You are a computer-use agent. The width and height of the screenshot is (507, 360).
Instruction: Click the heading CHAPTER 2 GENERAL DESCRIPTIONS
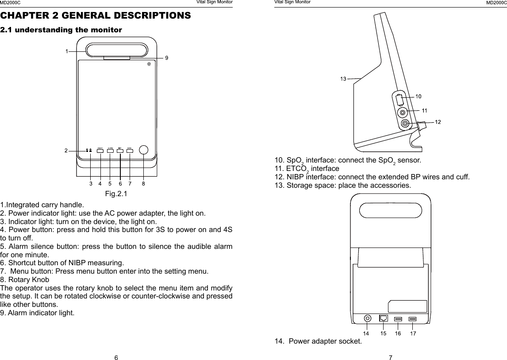[x=96, y=16]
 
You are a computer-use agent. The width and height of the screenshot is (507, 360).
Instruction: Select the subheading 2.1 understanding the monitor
[x=61, y=30]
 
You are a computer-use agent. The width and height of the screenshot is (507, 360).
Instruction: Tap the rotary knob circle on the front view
[x=143, y=150]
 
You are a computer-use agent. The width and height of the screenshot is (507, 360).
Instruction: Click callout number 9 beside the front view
[x=167, y=58]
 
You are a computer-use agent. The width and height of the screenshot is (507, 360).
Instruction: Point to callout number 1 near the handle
[x=67, y=51]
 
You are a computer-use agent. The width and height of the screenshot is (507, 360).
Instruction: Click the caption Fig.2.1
[x=116, y=194]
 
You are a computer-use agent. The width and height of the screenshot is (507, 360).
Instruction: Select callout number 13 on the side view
[x=343, y=79]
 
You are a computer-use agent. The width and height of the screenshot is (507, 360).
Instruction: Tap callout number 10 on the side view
[x=418, y=96]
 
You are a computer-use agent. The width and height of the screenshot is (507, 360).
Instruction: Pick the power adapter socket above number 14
[x=367, y=318]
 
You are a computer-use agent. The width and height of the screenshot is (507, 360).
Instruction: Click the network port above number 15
[x=384, y=318]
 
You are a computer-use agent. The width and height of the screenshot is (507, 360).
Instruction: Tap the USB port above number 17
[x=413, y=318]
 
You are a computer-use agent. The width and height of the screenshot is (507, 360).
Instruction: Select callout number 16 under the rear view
[x=398, y=333]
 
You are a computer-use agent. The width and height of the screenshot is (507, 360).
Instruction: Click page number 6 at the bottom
[x=116, y=357]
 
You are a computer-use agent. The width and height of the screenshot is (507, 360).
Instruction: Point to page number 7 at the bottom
[x=391, y=357]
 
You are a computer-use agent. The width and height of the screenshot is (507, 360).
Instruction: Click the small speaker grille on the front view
[x=149, y=64]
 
